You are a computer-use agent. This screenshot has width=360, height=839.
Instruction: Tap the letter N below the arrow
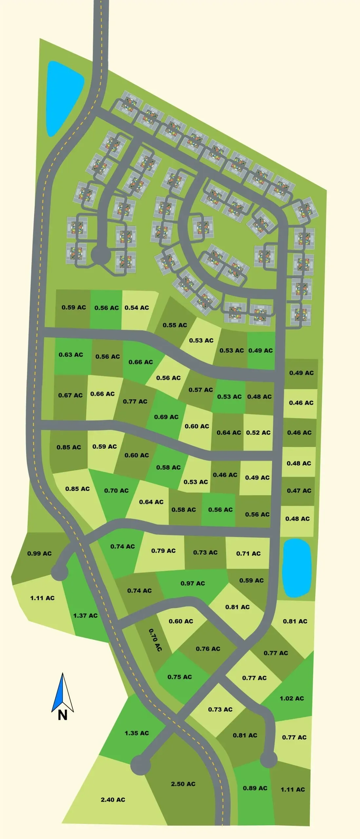pyautogui.click(x=63, y=715)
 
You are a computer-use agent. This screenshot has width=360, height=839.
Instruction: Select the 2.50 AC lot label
pyautogui.click(x=183, y=784)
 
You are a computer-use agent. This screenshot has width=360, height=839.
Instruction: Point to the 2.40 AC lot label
pyautogui.click(x=113, y=800)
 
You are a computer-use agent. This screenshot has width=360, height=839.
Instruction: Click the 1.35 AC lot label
pyautogui.click(x=137, y=733)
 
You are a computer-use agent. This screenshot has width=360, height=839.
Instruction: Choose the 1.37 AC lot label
pyautogui.click(x=85, y=615)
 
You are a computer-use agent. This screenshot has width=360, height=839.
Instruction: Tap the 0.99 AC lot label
pyautogui.click(x=39, y=554)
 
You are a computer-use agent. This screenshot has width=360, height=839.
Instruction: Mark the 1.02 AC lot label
pyautogui.click(x=292, y=698)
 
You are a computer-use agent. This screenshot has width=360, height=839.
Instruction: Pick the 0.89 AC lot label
pyautogui.click(x=255, y=788)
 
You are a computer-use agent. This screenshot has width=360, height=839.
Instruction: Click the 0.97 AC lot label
pyautogui.click(x=193, y=583)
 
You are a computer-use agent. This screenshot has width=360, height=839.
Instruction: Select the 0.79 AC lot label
pyautogui.click(x=163, y=551)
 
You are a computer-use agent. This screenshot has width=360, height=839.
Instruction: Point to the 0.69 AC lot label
pyautogui.click(x=166, y=417)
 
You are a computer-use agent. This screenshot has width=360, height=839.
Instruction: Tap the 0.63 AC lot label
pyautogui.click(x=71, y=355)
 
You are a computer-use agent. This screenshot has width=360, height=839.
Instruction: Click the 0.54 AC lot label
pyautogui.click(x=137, y=308)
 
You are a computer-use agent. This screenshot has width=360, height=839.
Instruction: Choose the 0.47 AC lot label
pyautogui.click(x=299, y=491)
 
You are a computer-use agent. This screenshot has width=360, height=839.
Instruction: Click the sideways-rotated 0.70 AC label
pyautogui.click(x=155, y=640)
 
